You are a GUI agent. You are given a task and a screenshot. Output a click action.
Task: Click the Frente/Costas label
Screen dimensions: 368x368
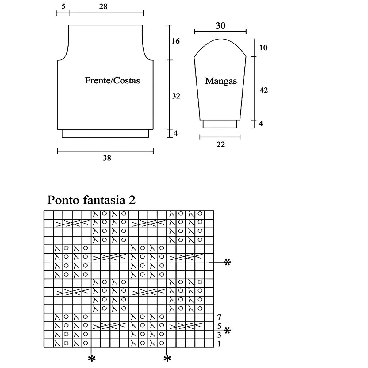[112, 80]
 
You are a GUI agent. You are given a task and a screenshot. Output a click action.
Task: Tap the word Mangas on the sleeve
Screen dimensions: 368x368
[221, 81]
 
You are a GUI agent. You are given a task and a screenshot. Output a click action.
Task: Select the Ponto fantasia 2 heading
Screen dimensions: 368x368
[91, 200]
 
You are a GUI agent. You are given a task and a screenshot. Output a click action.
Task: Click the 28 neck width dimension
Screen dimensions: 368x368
[103, 6]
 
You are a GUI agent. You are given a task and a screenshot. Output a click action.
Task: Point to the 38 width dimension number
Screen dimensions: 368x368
[107, 158]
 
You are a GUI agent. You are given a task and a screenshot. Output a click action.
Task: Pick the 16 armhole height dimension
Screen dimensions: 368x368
[176, 41]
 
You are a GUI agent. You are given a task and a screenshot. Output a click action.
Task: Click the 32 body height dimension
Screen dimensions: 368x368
[176, 96]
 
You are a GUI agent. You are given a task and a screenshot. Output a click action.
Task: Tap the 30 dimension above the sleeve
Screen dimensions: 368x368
[220, 26]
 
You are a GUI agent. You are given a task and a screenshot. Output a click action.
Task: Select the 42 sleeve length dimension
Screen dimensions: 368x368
[263, 90]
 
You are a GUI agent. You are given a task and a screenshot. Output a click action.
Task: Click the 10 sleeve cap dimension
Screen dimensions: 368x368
[263, 48]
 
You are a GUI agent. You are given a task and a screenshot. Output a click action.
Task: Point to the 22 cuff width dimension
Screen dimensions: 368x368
[220, 144]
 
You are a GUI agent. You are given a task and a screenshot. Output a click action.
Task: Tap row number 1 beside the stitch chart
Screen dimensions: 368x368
[219, 344]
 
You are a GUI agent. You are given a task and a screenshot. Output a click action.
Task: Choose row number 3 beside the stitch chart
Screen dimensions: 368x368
[219, 335]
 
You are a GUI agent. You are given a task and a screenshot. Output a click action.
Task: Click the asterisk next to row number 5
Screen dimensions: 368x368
[227, 330]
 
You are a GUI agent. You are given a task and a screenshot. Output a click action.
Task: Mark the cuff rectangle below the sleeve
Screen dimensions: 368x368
[220, 124]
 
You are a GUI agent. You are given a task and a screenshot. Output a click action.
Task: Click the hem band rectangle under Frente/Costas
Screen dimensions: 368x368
[105, 133]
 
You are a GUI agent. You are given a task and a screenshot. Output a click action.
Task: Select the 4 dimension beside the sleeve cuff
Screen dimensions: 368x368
[261, 124]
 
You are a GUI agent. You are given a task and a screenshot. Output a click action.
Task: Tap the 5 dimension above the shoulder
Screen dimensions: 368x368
[63, 6]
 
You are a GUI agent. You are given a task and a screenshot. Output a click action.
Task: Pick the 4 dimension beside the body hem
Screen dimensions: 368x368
[176, 133]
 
